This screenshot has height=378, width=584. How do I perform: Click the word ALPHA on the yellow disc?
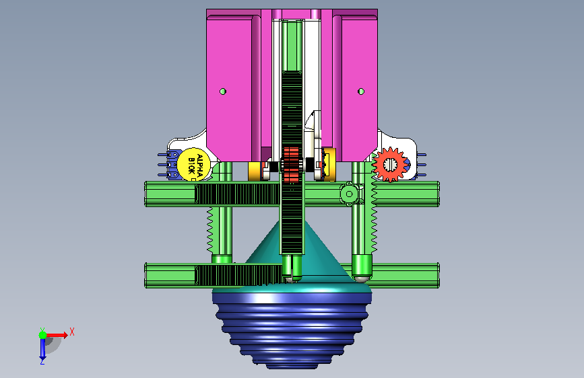pyautogui.click(x=199, y=165)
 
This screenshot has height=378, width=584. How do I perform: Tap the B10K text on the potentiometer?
pyautogui.click(x=191, y=165)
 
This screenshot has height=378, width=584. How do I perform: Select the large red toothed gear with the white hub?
pyautogui.click(x=389, y=164)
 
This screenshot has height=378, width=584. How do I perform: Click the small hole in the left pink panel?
pyautogui.click(x=223, y=91)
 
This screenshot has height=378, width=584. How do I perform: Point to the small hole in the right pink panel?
pyautogui.click(x=361, y=91)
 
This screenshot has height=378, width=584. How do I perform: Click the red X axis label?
pyautogui.click(x=72, y=332)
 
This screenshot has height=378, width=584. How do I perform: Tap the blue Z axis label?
pyautogui.click(x=42, y=361)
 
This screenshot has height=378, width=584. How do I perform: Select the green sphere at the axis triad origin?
pyautogui.click(x=43, y=335)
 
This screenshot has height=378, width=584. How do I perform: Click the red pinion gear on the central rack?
pyautogui.click(x=291, y=164)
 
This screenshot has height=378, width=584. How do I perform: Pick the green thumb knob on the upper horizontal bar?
pyautogui.click(x=349, y=194)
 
